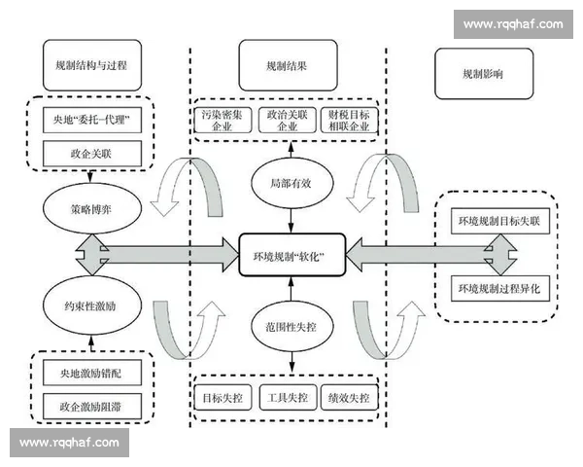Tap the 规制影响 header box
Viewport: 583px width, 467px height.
point(483,73)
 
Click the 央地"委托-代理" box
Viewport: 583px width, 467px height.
point(91,122)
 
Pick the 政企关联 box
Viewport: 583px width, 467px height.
point(91,153)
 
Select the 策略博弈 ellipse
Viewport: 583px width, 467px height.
point(92,208)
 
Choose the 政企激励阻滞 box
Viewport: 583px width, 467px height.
point(91,403)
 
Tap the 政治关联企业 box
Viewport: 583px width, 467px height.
point(288,121)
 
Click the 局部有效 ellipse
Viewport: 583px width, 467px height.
point(289,182)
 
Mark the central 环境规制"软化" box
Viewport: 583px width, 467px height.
point(289,256)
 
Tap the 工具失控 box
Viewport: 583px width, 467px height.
point(288,398)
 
